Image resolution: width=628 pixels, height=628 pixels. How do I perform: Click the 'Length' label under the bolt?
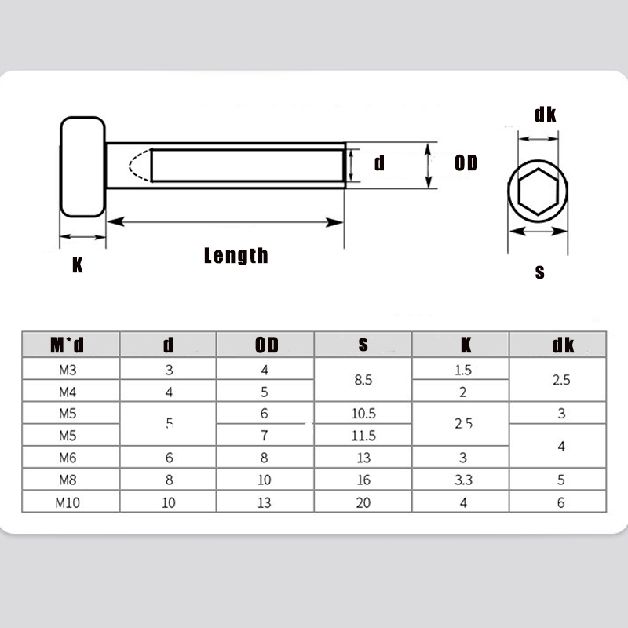235,255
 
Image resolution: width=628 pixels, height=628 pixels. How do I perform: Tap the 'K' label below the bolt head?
77,265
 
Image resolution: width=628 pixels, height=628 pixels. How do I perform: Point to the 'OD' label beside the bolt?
466,163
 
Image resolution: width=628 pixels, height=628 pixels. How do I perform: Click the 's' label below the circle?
539,272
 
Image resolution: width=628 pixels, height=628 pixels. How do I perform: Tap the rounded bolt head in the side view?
83,167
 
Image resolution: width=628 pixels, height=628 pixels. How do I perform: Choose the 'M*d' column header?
67,345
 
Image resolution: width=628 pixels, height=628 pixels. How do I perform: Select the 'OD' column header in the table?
266,345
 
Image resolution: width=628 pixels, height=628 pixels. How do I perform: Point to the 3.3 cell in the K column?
463,480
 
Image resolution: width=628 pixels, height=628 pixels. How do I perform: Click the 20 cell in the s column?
363,502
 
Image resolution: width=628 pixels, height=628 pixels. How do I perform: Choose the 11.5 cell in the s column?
363,436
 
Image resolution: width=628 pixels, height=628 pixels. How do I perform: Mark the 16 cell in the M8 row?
363,480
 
